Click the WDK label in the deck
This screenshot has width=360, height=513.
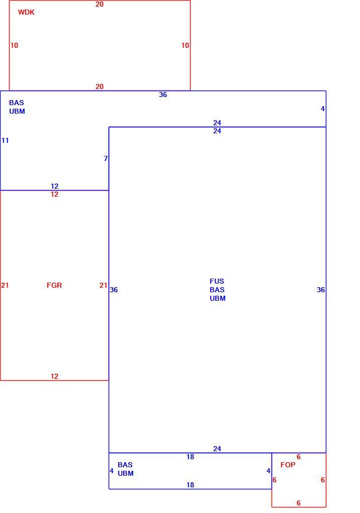point(26,13)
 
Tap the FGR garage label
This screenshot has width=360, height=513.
point(54,285)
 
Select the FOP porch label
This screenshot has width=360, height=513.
point(288,465)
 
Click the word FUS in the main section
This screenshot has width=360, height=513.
point(217,281)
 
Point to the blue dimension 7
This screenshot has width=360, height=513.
point(106,158)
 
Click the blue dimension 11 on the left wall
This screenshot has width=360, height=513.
point(5,141)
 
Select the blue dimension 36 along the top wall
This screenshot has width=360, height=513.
point(163,95)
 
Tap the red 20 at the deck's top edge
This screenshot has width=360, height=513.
point(100,4)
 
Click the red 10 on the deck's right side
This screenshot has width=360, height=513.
point(185,45)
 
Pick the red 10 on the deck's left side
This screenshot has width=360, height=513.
point(14,45)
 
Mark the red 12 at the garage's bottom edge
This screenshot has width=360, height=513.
point(54,377)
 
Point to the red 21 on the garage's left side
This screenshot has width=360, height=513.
point(5,285)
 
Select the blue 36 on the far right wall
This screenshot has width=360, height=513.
point(321,290)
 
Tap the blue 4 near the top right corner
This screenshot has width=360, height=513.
point(323,109)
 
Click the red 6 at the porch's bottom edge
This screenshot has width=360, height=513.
point(299,503)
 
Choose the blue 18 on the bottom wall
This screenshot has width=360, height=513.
point(190,485)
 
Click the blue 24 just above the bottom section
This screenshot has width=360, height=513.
point(217,449)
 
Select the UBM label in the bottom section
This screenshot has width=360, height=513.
point(126,473)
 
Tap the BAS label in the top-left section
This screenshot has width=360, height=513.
point(17,103)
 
